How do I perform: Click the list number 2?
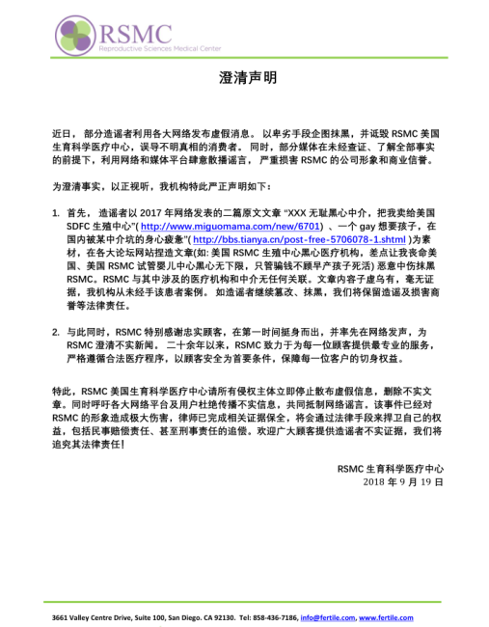pos(54,331)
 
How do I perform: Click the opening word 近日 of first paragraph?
pos(61,129)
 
